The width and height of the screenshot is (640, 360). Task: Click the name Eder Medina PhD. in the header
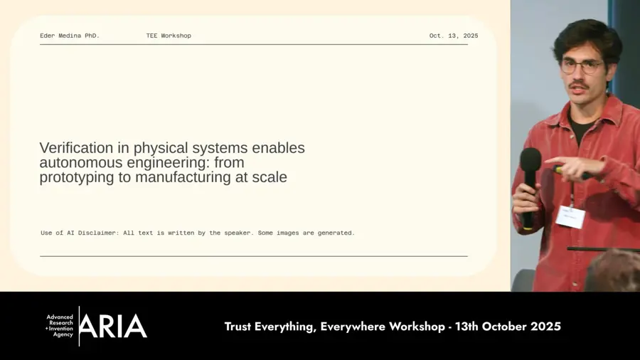coord(70,36)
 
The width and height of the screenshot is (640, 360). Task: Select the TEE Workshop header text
coord(169,36)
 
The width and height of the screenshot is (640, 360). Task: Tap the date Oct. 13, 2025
coord(453,36)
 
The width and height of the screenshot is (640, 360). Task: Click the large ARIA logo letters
coord(114,327)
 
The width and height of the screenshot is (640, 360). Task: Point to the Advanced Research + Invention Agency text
coord(60,326)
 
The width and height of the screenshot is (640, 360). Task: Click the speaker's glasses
coord(582,66)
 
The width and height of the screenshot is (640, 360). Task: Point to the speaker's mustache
coord(580,85)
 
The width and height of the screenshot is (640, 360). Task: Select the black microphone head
coord(530,159)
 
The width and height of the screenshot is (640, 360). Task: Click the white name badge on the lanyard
coord(570,216)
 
